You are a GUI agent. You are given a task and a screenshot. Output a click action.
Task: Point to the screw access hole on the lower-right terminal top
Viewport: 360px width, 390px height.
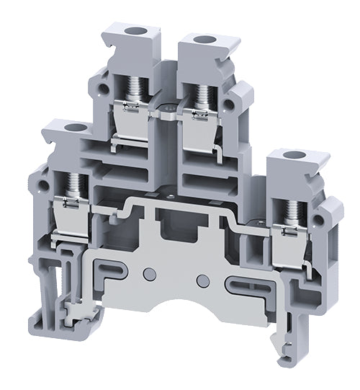coord(293,155)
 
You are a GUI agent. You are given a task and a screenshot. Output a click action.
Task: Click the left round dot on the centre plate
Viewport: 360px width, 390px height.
coord(148,273)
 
